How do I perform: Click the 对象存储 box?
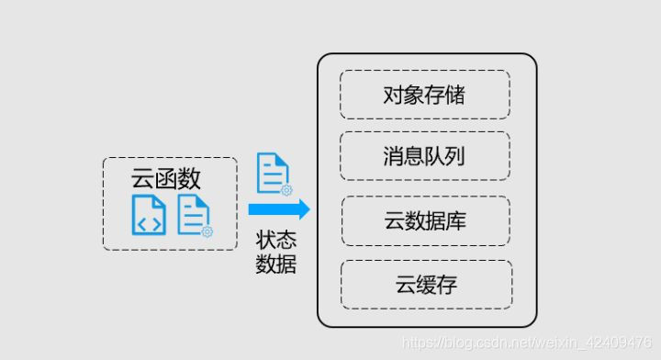424,94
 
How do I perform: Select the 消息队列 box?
424,155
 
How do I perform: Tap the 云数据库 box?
426,220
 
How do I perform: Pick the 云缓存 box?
426,284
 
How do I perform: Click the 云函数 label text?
166,177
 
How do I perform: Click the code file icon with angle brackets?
148,214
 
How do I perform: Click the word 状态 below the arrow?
276,241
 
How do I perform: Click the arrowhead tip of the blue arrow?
308,209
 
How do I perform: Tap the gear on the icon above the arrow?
286,190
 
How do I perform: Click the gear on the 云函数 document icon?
207,231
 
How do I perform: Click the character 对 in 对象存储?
394,94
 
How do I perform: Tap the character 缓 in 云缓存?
426,284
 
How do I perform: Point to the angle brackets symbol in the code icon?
148,220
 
